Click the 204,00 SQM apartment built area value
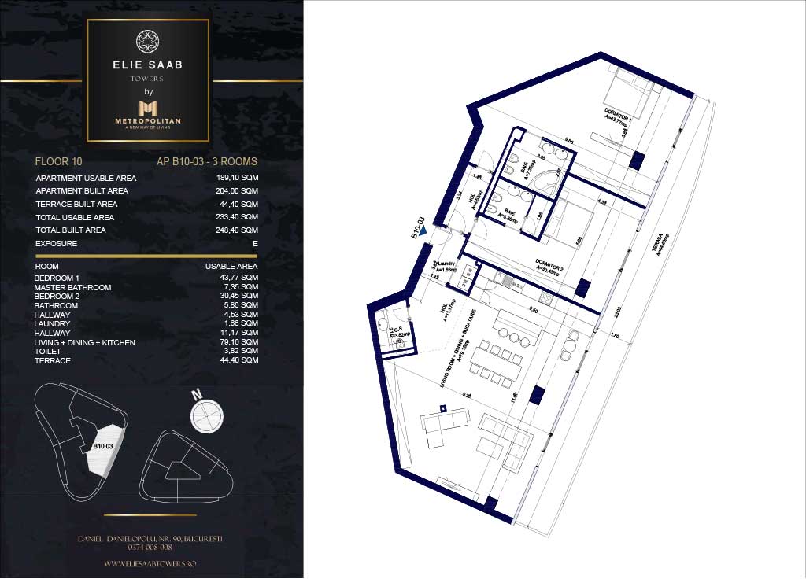[x=237, y=191]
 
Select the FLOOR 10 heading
[x=59, y=162]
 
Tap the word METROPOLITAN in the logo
[x=148, y=120]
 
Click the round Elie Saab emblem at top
[x=148, y=42]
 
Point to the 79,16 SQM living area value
[x=238, y=342]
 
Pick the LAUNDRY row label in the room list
[x=53, y=324]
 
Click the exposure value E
[x=255, y=244]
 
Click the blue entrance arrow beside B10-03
[x=424, y=231]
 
